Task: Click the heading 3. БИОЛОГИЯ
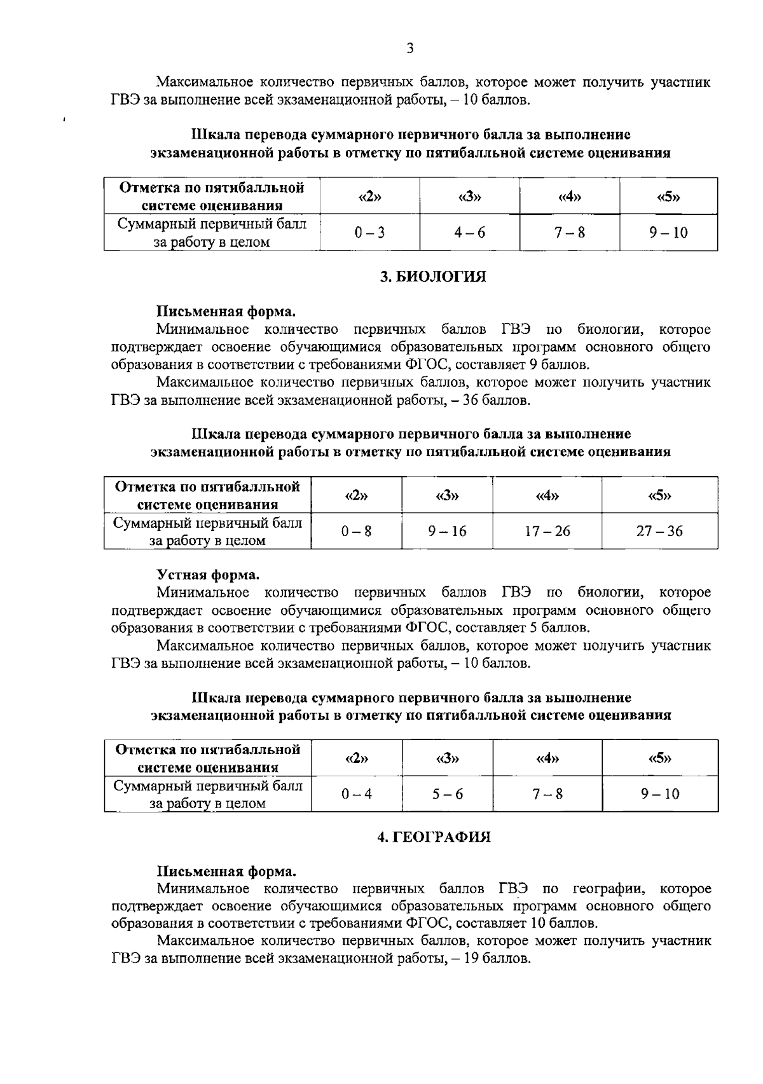[x=432, y=277]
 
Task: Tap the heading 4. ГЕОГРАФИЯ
[x=434, y=837]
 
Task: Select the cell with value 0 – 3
[x=369, y=233]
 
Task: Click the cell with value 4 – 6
[x=469, y=233]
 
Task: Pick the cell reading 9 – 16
[x=446, y=531]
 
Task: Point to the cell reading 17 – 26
[x=547, y=531]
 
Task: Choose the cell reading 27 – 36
[x=659, y=531]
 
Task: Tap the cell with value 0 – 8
[x=356, y=531]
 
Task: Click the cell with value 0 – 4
[x=356, y=794]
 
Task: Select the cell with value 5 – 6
[x=447, y=794]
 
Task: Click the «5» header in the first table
[x=668, y=196]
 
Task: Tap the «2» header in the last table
[x=356, y=758]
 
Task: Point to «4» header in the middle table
[x=547, y=495]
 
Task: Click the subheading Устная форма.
[x=208, y=575]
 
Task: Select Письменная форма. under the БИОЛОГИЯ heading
[x=226, y=312]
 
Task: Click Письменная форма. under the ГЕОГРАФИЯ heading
[x=226, y=871]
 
